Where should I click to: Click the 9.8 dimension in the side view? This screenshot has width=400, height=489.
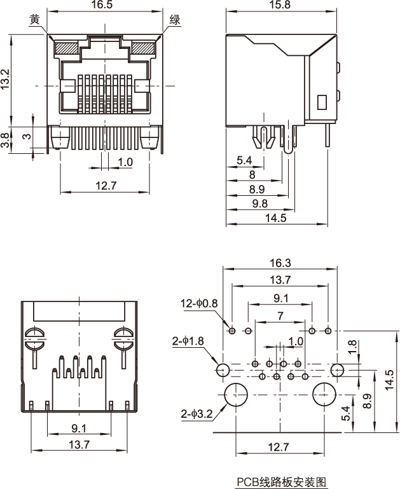click(x=259, y=203)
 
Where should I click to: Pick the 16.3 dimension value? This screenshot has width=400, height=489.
click(x=280, y=263)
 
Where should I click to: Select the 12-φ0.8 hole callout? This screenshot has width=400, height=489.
click(x=198, y=304)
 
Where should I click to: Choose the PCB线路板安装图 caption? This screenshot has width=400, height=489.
click(x=282, y=482)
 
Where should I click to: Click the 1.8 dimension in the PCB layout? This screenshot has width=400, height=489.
click(x=353, y=347)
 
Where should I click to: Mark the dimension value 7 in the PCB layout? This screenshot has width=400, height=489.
click(x=280, y=316)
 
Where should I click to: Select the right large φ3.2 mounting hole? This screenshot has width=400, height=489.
click(x=324, y=395)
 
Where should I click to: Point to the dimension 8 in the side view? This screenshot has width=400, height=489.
click(x=252, y=174)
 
